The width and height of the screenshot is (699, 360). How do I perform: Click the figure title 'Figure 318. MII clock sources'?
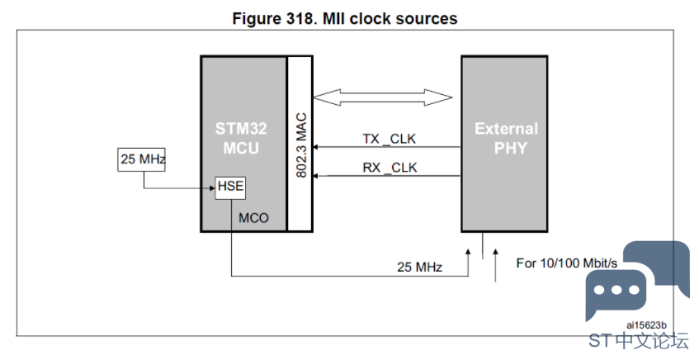coord(345,19)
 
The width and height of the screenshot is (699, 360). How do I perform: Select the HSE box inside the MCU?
coord(230,188)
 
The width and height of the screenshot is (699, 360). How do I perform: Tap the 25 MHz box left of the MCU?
coord(141,159)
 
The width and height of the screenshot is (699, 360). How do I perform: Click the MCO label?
coord(253,218)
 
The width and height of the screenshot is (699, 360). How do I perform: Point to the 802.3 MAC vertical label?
coord(301,145)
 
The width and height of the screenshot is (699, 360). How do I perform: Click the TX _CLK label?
coord(390,139)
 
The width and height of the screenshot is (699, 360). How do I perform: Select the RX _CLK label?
coord(390,168)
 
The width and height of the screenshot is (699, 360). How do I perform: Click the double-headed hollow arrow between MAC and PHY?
coord(382,97)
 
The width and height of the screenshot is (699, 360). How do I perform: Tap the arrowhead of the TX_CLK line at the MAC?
coord(315,147)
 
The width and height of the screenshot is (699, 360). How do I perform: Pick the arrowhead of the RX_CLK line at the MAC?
coord(315,176)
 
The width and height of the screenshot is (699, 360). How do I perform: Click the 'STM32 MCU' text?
coord(241,138)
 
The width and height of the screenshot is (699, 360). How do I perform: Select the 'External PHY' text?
coord(507,138)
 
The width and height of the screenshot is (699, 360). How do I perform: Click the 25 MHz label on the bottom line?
coord(419,267)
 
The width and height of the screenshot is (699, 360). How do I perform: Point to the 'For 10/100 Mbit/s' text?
coord(567,263)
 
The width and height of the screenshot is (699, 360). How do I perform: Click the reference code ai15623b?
coord(646,324)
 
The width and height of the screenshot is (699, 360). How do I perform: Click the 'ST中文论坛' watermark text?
coord(639,340)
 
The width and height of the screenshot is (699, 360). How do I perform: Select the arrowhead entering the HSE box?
coord(212,188)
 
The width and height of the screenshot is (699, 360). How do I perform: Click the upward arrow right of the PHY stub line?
coord(495,265)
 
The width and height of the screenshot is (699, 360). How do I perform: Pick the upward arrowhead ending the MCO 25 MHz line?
coord(468,252)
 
